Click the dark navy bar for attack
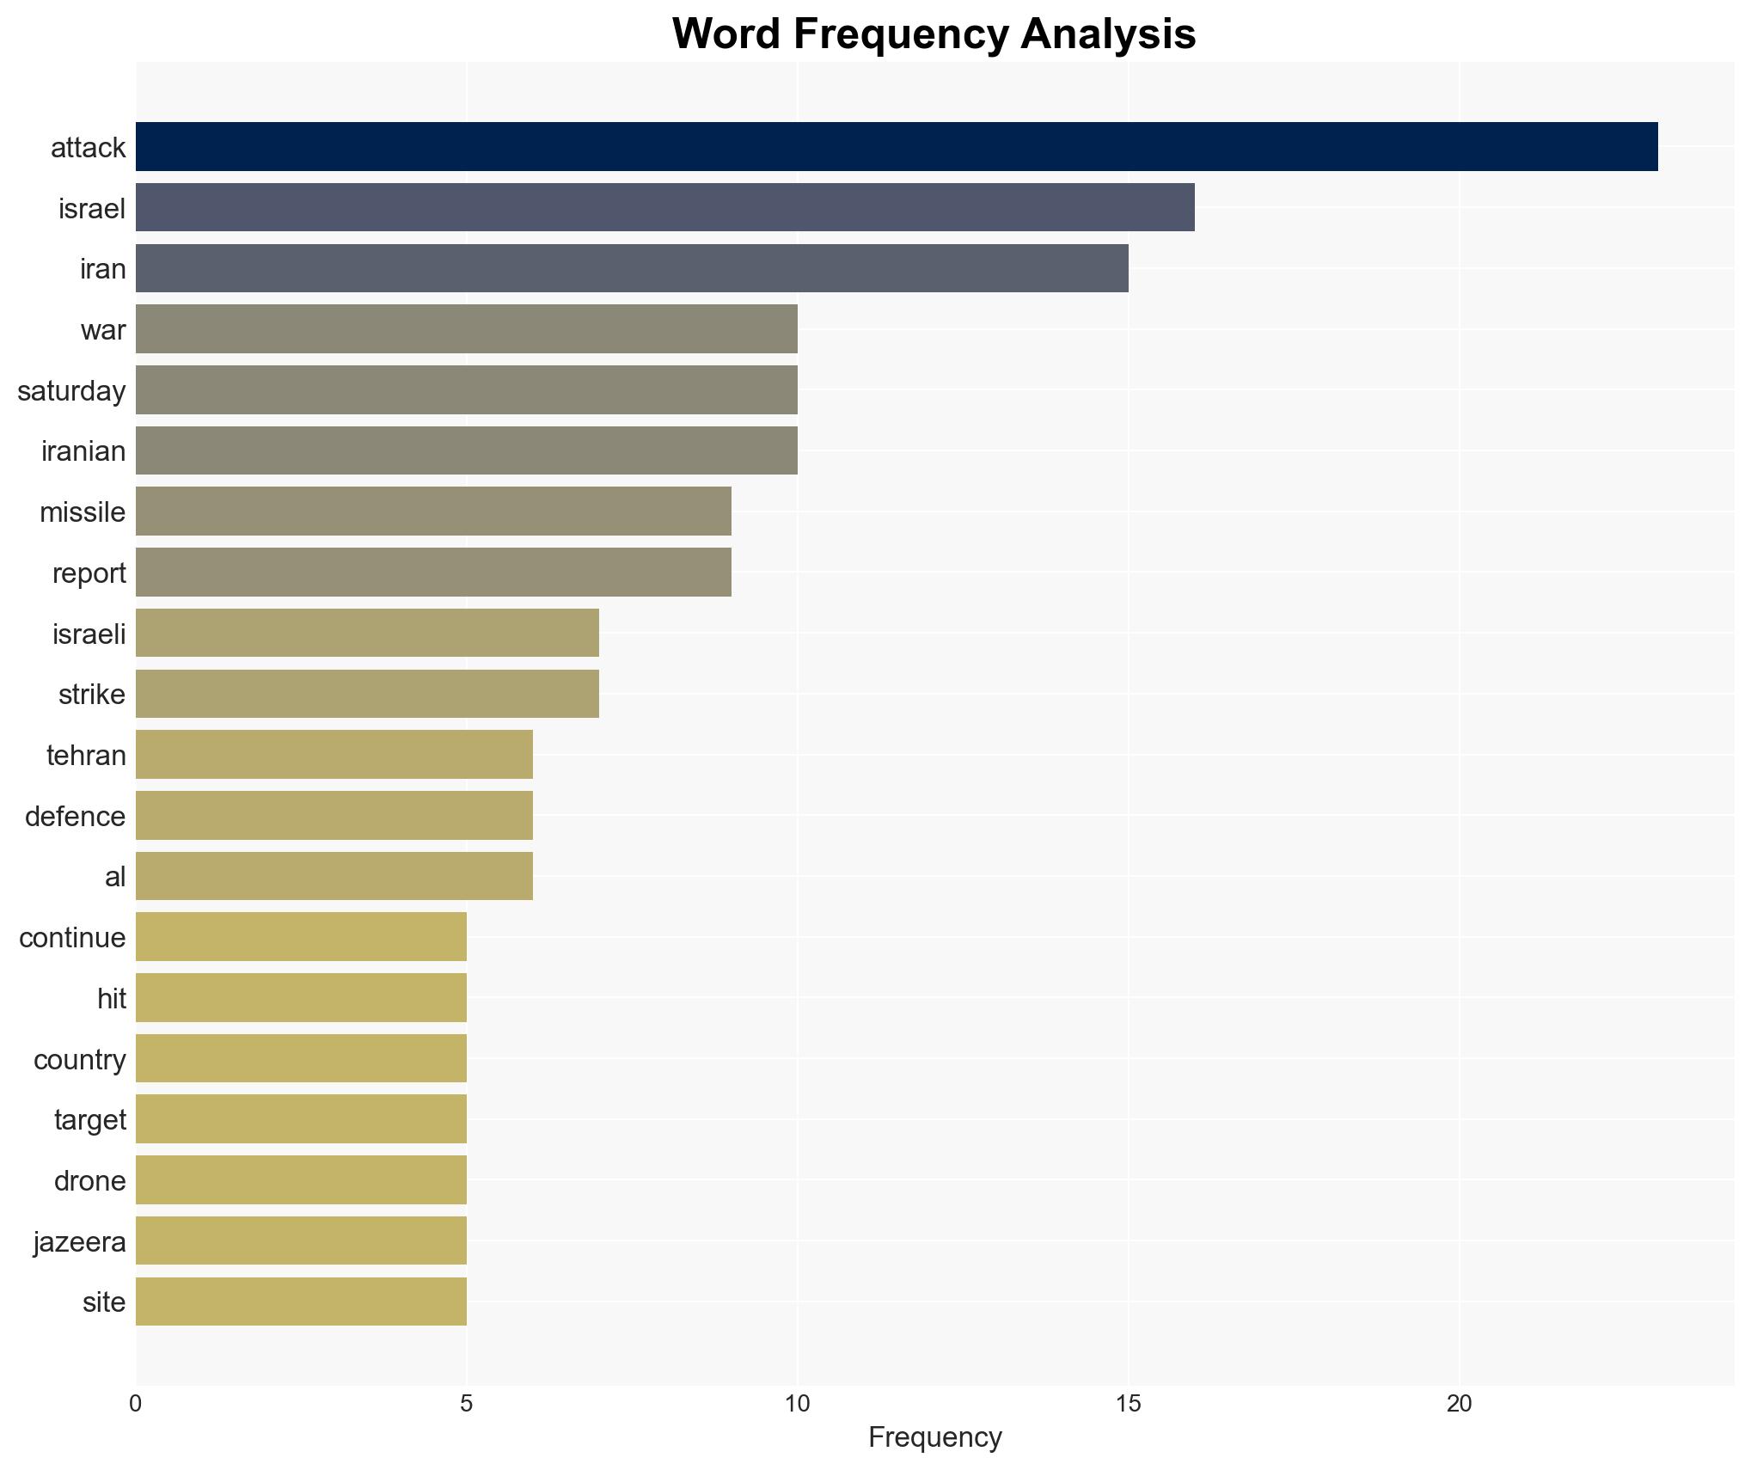[896, 147]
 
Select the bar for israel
[664, 208]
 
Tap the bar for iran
[632, 268]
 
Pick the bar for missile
[433, 511]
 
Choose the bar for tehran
[334, 755]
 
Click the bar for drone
[301, 1180]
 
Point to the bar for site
[301, 1302]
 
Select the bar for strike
[367, 694]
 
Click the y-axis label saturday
[71, 391]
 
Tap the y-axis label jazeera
[79, 1242]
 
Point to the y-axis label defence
[75, 817]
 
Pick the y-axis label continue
[72, 938]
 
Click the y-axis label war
[102, 330]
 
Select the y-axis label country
[79, 1060]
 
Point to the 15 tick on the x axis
[1128, 1404]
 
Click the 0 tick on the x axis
[136, 1404]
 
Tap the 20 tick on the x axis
[1459, 1404]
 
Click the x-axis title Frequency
[934, 1437]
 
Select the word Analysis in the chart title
[1109, 34]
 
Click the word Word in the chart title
[727, 34]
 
